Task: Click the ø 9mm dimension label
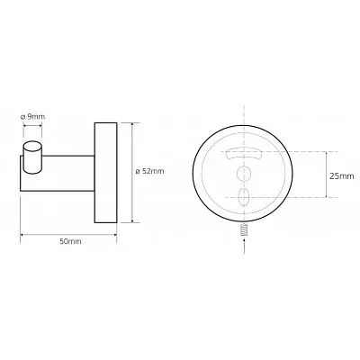point(32,116)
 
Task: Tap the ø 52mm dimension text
point(150,171)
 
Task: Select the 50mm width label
point(70,241)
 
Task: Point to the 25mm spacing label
point(342,176)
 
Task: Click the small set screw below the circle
point(245,229)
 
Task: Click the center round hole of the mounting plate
point(243,174)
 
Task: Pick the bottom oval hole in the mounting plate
point(243,197)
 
